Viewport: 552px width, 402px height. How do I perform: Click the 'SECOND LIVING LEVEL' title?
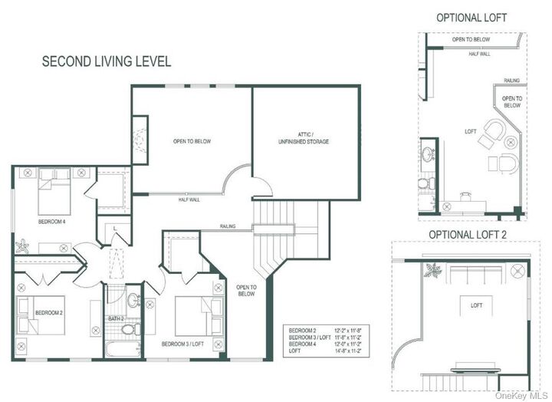coord(106,61)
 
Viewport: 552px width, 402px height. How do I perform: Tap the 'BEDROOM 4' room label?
coord(53,222)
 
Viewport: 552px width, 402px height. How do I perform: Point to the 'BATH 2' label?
coord(117,318)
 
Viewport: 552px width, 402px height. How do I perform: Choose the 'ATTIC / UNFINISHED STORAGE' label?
coord(304,138)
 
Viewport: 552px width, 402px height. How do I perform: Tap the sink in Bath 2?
coord(132,299)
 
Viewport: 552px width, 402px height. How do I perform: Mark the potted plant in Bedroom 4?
coord(21,247)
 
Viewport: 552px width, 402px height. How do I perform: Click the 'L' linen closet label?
coord(113,228)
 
